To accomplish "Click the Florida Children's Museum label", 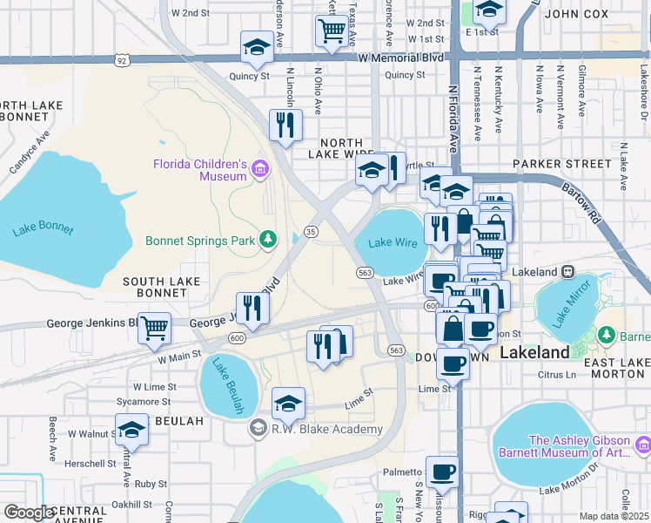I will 201,170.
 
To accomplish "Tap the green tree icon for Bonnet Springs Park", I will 270,239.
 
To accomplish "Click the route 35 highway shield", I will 311,232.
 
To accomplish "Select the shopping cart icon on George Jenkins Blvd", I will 155,328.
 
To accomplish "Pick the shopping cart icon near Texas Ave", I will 332,31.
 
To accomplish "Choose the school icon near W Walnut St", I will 131,429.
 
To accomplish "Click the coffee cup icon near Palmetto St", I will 442,472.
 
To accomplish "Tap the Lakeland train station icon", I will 567,272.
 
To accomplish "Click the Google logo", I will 29,513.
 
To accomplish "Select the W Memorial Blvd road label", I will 401,57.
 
